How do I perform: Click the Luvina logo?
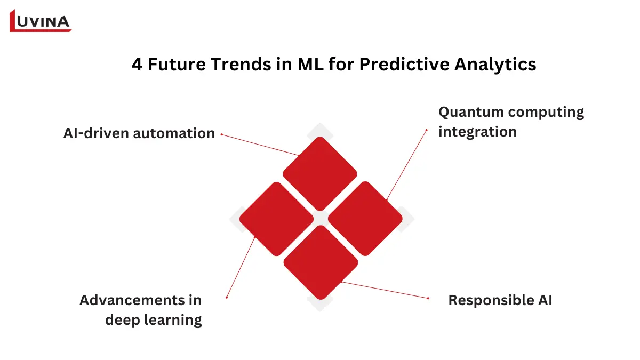41,21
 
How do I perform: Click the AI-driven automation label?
139,133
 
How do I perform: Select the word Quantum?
471,113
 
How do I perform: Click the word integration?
477,132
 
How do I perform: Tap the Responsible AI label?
500,300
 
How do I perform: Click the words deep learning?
153,320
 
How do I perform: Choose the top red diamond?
319,174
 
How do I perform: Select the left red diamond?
276,218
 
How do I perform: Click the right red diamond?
364,218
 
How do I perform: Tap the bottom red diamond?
320,262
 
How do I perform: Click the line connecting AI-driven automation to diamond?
256,144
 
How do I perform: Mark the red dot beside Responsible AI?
428,298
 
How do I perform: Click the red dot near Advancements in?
227,297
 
